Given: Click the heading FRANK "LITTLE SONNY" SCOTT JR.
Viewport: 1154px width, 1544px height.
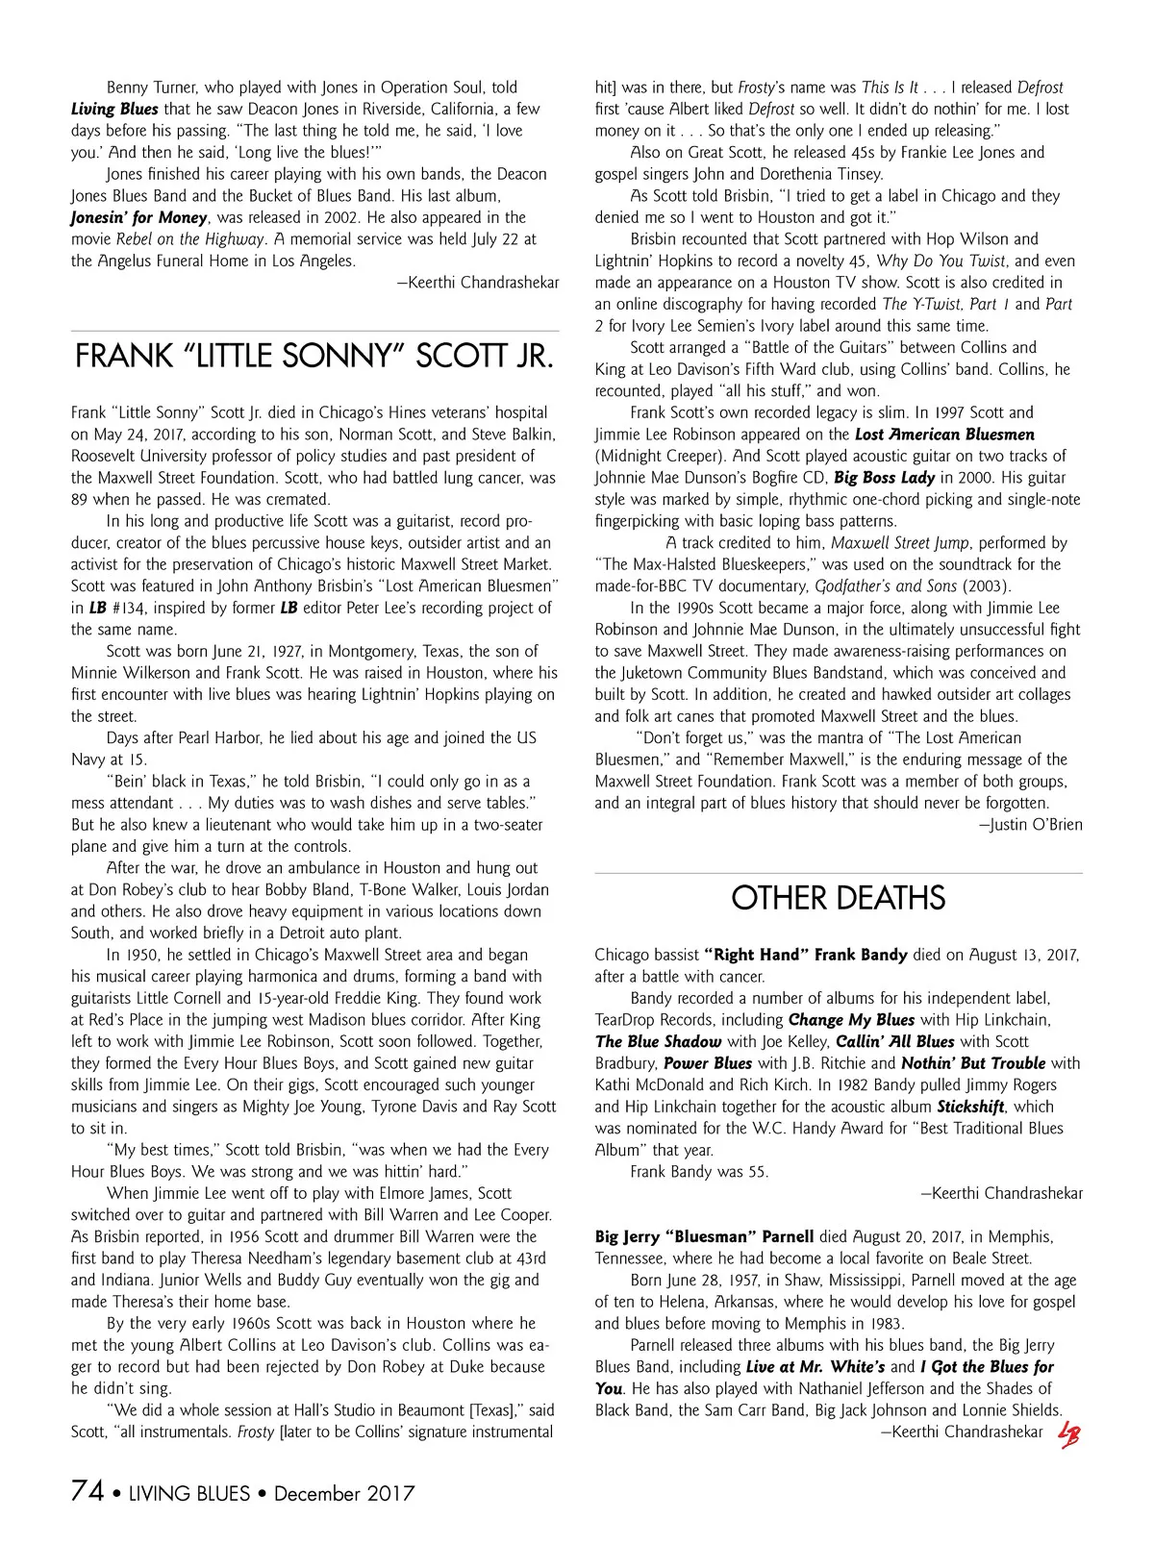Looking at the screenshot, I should point(314,357).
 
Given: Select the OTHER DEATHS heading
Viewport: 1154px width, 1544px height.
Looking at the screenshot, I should point(838,899).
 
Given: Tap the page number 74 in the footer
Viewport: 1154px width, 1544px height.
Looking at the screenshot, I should point(88,1491).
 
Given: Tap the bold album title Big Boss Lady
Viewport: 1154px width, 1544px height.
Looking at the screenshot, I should point(884,478).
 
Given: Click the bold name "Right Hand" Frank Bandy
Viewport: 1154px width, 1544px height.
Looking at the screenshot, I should point(806,955).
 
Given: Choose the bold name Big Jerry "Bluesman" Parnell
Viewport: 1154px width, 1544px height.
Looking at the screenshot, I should point(704,1237).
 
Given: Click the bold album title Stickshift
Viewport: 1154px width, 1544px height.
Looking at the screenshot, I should point(970,1107).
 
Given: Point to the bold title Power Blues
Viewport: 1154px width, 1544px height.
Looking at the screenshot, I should point(708,1063).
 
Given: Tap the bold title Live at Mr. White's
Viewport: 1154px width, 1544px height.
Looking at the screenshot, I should point(815,1367).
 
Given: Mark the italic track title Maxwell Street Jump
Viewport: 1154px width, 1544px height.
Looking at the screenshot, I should point(900,543).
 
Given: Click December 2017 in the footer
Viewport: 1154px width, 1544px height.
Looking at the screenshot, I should point(344,1494).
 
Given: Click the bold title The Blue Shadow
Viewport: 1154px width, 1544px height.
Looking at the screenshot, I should point(658,1042).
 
